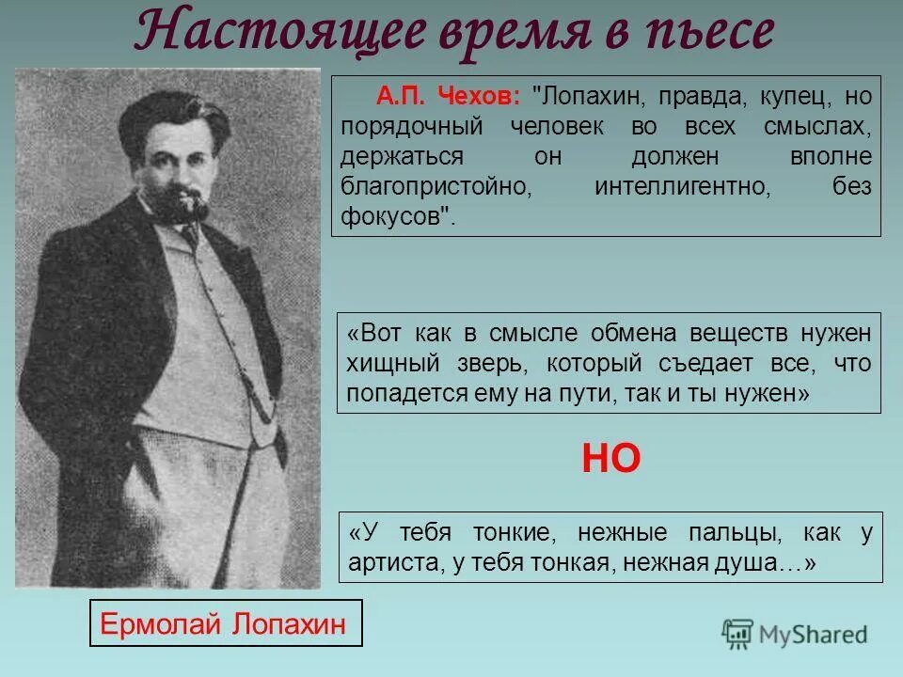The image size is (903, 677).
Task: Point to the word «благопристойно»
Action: (437, 186)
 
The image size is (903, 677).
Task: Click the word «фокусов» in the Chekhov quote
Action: (392, 216)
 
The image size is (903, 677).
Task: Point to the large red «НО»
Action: (611, 458)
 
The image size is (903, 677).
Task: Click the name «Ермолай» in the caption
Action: (158, 622)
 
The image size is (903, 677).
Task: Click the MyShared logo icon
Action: (738, 632)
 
